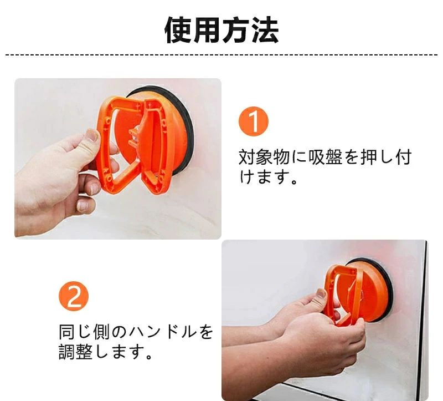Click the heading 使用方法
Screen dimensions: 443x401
coord(222,30)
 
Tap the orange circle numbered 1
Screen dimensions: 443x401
coord(254,121)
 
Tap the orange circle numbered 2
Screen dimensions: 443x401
coord(74,296)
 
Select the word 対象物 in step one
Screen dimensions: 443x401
coord(265,158)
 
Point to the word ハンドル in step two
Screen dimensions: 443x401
coord(162,332)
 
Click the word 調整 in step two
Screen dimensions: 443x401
coord(76,352)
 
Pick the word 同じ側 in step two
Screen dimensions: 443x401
coord(84,332)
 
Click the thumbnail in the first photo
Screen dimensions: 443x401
coord(92,136)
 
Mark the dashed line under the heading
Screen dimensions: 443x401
coord(221,54)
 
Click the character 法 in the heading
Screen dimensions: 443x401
coord(265,30)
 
